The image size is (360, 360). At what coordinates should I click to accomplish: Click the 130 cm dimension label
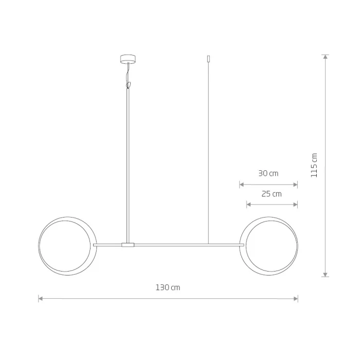[168, 287]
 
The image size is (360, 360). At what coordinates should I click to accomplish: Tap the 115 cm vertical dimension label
[314, 165]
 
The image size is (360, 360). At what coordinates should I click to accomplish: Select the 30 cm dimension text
[268, 173]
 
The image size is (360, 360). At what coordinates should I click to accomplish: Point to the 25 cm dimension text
[272, 194]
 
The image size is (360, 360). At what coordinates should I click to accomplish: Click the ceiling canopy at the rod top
[128, 59]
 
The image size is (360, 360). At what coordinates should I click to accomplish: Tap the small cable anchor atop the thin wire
[208, 59]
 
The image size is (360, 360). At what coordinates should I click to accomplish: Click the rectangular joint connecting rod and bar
[128, 245]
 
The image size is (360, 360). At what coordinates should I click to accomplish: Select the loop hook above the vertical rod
[129, 85]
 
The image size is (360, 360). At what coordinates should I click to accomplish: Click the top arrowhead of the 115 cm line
[325, 57]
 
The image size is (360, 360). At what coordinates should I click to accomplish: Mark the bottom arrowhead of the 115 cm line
[325, 275]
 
